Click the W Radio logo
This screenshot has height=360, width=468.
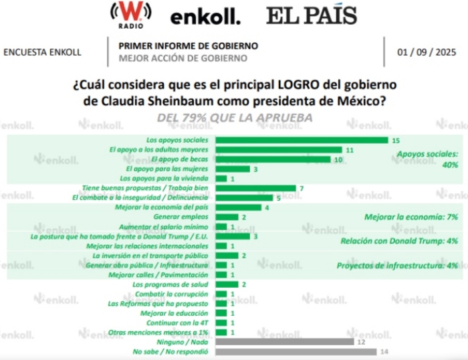[130, 15]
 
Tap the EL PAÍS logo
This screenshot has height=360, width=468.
[312, 15]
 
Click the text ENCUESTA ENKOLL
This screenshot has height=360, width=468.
[42, 52]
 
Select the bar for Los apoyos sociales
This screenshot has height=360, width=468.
[304, 140]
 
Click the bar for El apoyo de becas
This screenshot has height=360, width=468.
[275, 159]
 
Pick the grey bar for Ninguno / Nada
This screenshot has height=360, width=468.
[286, 341]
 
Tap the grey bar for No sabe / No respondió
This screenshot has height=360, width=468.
[298, 351]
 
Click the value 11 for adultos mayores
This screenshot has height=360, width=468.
[348, 150]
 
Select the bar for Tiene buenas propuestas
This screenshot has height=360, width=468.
[257, 188]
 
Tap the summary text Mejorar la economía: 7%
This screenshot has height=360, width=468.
[411, 217]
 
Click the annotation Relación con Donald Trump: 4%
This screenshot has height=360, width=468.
[398, 241]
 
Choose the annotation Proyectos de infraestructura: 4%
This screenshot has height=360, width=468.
[396, 266]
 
